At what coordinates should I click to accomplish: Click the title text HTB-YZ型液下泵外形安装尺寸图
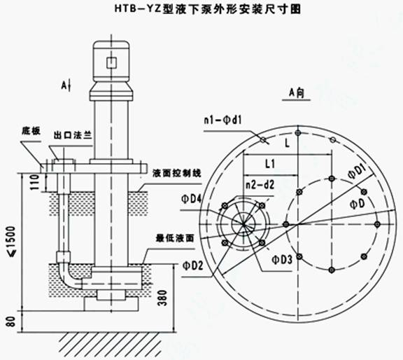[208, 10]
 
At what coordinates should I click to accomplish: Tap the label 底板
[31, 131]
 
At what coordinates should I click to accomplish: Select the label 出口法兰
[73, 135]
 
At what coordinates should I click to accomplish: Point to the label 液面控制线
[176, 173]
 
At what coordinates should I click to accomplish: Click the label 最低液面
[175, 239]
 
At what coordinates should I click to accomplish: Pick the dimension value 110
[35, 182]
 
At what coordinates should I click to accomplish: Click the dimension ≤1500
[12, 242]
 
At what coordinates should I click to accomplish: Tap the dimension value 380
[162, 298]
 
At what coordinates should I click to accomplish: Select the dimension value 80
[11, 321]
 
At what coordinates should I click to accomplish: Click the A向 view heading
[297, 93]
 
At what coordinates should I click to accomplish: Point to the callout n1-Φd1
[223, 120]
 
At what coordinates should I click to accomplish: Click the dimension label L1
[270, 164]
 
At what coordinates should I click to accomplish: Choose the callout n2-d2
[260, 185]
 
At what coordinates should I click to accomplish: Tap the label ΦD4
[192, 200]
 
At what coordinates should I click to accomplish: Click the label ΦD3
[282, 260]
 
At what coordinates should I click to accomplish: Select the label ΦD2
[193, 265]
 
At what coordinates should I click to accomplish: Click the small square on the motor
[111, 62]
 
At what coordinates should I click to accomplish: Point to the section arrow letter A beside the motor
[64, 85]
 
